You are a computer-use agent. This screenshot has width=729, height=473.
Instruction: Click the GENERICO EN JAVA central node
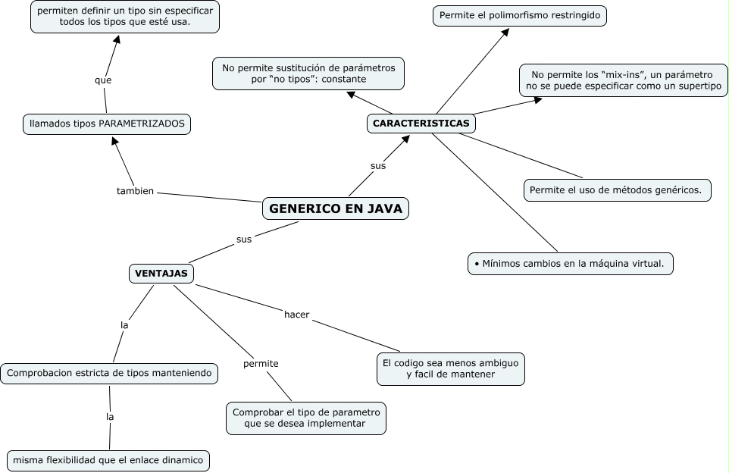pyautogui.click(x=336, y=208)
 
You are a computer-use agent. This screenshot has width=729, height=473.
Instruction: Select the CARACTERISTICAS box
pyautogui.click(x=421, y=123)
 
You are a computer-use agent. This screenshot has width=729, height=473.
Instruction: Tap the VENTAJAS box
pyautogui.click(x=161, y=273)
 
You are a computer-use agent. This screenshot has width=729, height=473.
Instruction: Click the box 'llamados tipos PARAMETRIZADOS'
pyautogui.click(x=106, y=124)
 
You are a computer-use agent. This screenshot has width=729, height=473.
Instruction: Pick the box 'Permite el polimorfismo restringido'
pyautogui.click(x=521, y=15)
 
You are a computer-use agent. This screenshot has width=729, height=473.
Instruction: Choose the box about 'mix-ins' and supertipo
pyautogui.click(x=621, y=81)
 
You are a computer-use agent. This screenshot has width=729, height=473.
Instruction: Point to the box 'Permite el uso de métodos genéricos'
pyautogui.click(x=617, y=190)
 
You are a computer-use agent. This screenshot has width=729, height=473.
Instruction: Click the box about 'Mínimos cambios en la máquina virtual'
pyautogui.click(x=569, y=264)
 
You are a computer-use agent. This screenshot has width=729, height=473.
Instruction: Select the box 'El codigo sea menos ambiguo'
pyautogui.click(x=450, y=368)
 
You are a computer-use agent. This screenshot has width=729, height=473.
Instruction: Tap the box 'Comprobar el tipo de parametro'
pyautogui.click(x=305, y=418)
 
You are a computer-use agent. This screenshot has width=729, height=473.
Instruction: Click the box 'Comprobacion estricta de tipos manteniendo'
pyautogui.click(x=111, y=373)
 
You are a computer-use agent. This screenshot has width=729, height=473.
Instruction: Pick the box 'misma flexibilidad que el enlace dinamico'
pyautogui.click(x=108, y=460)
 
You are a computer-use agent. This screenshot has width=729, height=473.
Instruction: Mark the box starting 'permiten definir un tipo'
pyautogui.click(x=125, y=16)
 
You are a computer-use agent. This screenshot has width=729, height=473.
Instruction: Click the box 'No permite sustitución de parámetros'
pyautogui.click(x=308, y=74)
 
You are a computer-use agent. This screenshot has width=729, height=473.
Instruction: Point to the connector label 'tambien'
pyautogui.click(x=135, y=191)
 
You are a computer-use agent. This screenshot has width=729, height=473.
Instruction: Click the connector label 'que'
pyautogui.click(x=103, y=80)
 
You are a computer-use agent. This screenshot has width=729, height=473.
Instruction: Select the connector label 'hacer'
pyautogui.click(x=297, y=314)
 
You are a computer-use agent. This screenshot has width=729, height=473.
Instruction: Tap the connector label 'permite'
pyautogui.click(x=261, y=364)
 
